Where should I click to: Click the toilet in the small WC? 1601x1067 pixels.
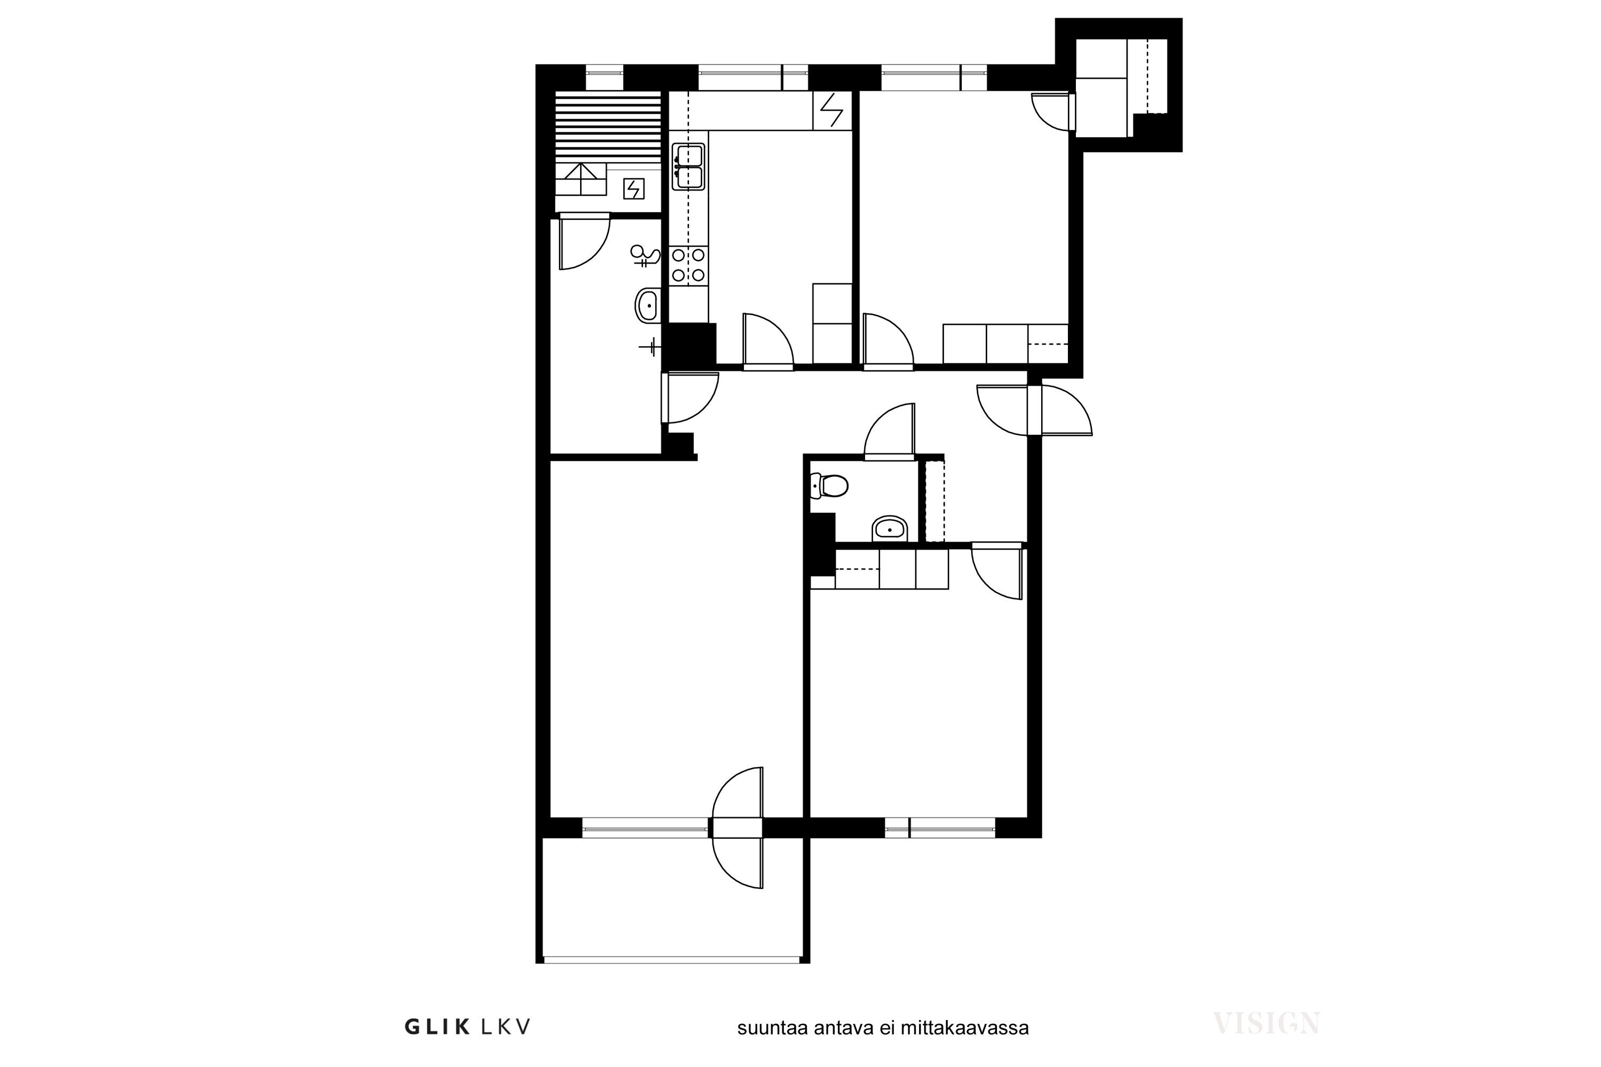tap(830, 486)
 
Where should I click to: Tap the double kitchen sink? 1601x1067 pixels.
tap(688, 166)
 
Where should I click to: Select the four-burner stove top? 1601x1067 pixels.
tap(688, 265)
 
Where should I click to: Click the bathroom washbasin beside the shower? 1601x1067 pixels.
tap(647, 306)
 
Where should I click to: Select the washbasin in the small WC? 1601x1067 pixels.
tap(889, 529)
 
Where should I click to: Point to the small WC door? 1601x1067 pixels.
tap(890, 432)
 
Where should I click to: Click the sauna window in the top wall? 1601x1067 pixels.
tap(605, 77)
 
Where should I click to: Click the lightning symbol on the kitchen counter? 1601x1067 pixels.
tap(832, 110)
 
